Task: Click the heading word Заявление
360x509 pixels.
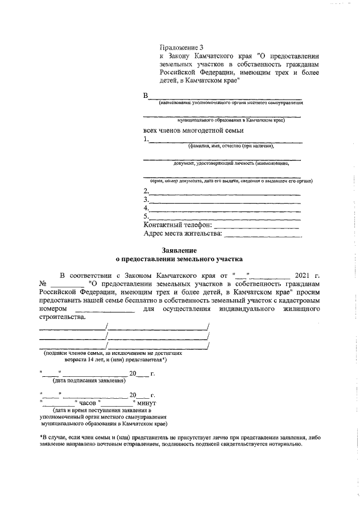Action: (x=179, y=249)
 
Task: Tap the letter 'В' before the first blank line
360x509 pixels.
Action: (x=146, y=96)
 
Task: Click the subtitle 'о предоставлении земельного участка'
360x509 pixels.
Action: (x=179, y=260)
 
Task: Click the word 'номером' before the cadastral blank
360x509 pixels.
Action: (x=53, y=309)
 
